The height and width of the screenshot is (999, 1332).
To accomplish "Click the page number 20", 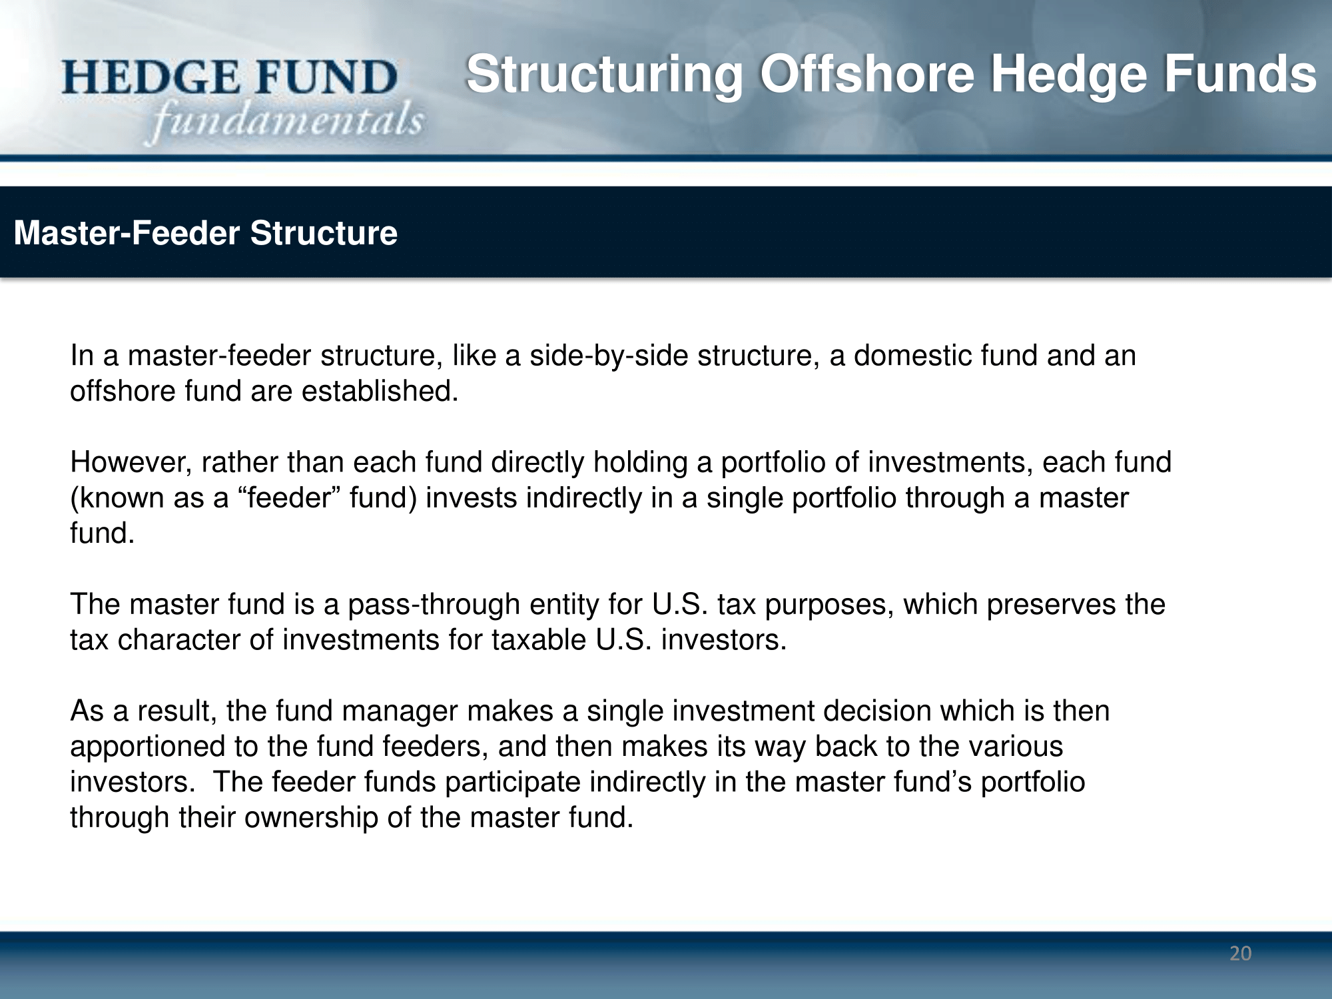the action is pyautogui.click(x=1240, y=953).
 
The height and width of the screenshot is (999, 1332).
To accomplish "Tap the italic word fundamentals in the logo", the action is pyautogui.click(x=286, y=121).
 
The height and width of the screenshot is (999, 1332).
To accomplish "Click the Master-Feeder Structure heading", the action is pyautogui.click(x=206, y=233).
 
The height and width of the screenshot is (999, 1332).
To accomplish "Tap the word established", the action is pyautogui.click(x=380, y=391).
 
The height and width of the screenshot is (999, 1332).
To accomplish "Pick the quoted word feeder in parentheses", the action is pyautogui.click(x=290, y=498).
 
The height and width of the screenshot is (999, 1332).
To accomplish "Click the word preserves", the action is pyautogui.click(x=1051, y=605).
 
